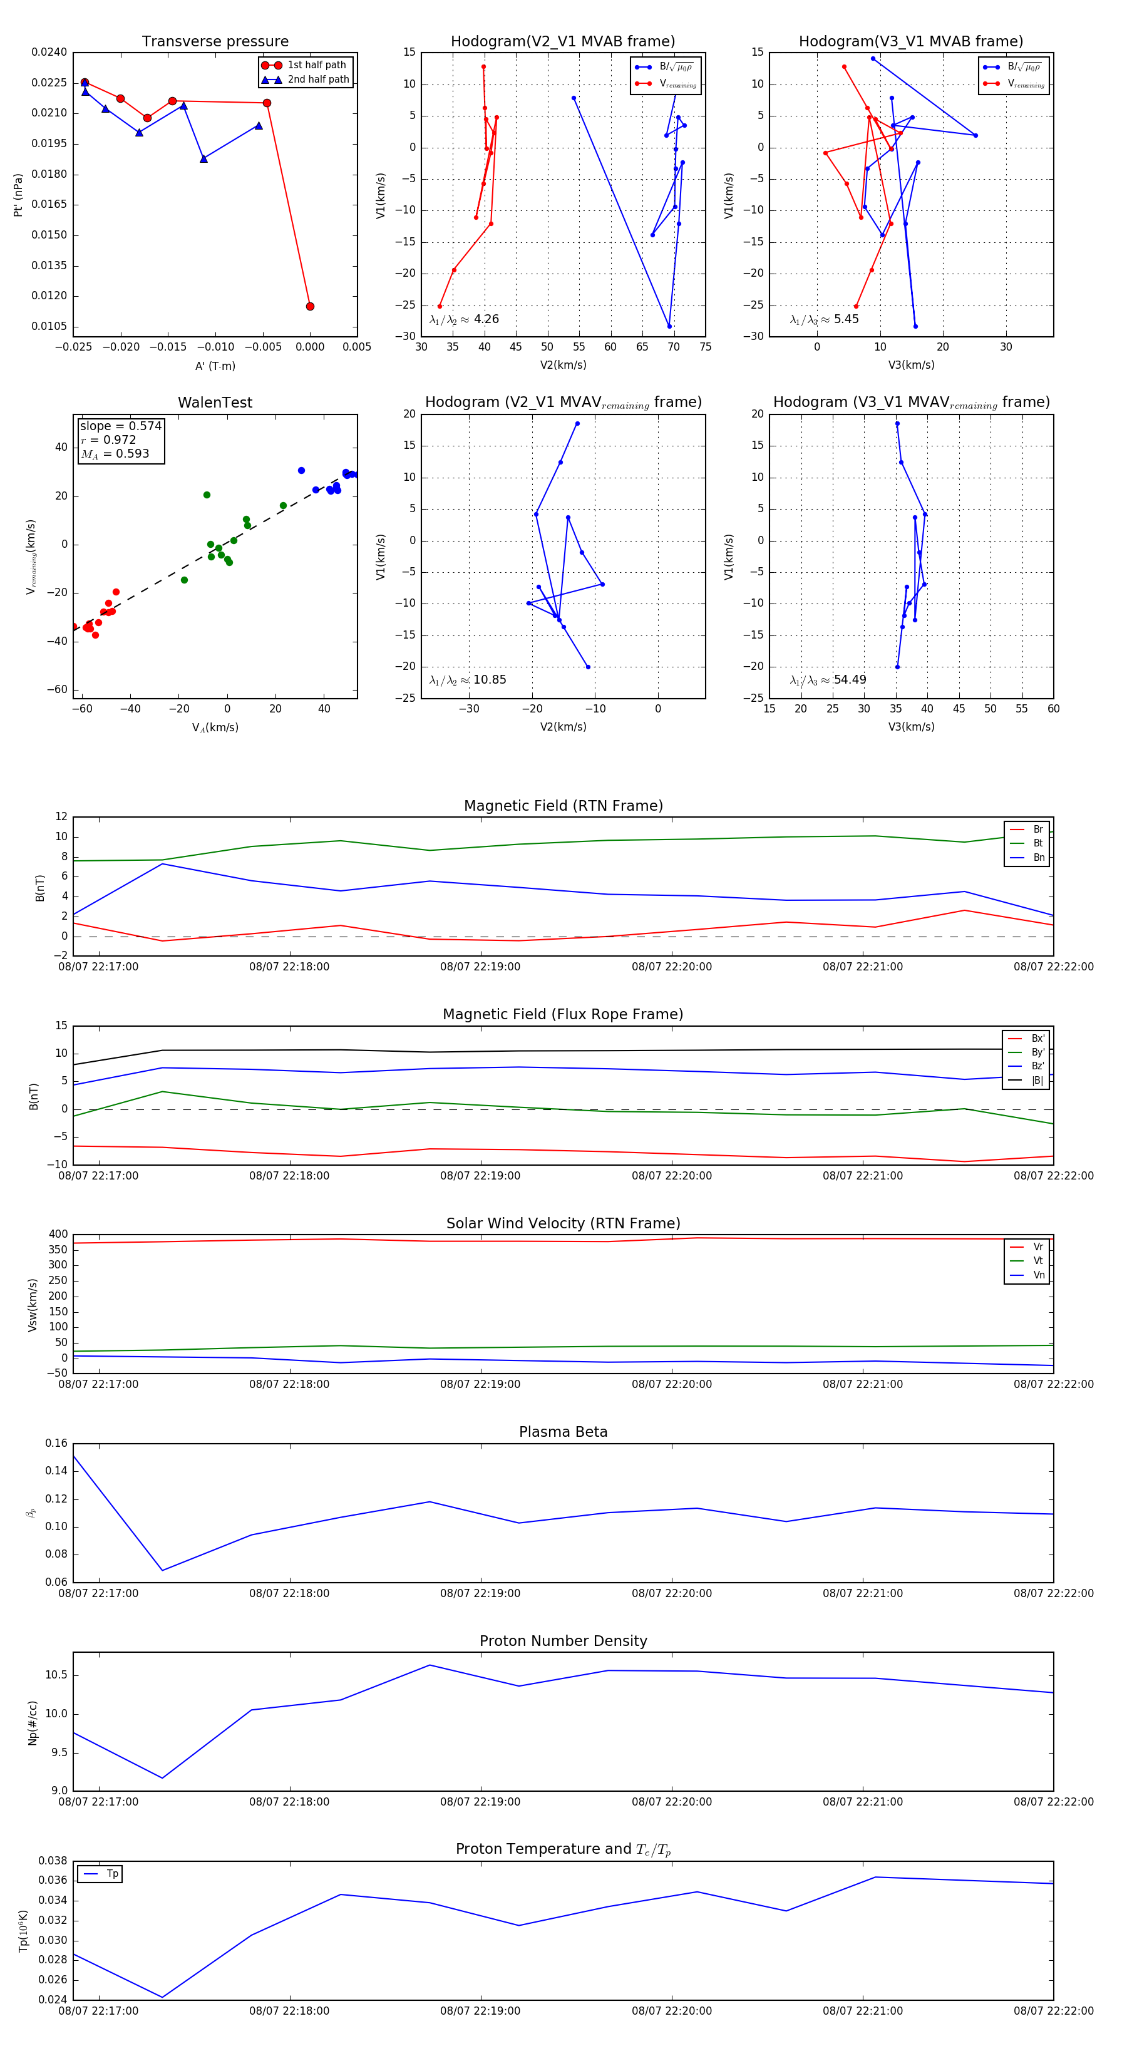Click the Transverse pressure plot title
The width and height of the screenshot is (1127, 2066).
click(215, 42)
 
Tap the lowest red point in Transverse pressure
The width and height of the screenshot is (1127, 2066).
click(310, 306)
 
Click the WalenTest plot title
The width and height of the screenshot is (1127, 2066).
click(215, 403)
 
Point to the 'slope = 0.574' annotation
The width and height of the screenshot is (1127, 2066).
click(120, 426)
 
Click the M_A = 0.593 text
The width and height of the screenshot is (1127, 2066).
click(115, 454)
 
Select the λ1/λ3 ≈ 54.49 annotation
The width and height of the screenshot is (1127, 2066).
click(828, 680)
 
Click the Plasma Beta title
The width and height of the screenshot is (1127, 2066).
click(563, 1432)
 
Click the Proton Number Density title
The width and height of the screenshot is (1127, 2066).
click(563, 1640)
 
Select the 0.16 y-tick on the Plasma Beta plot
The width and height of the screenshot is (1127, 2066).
click(56, 1443)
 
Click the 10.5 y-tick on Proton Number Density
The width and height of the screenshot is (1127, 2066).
click(56, 1675)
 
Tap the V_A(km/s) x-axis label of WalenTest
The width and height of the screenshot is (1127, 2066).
click(215, 727)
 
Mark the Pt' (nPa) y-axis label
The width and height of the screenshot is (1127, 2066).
click(18, 195)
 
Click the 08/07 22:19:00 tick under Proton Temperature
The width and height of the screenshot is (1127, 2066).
click(480, 2011)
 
